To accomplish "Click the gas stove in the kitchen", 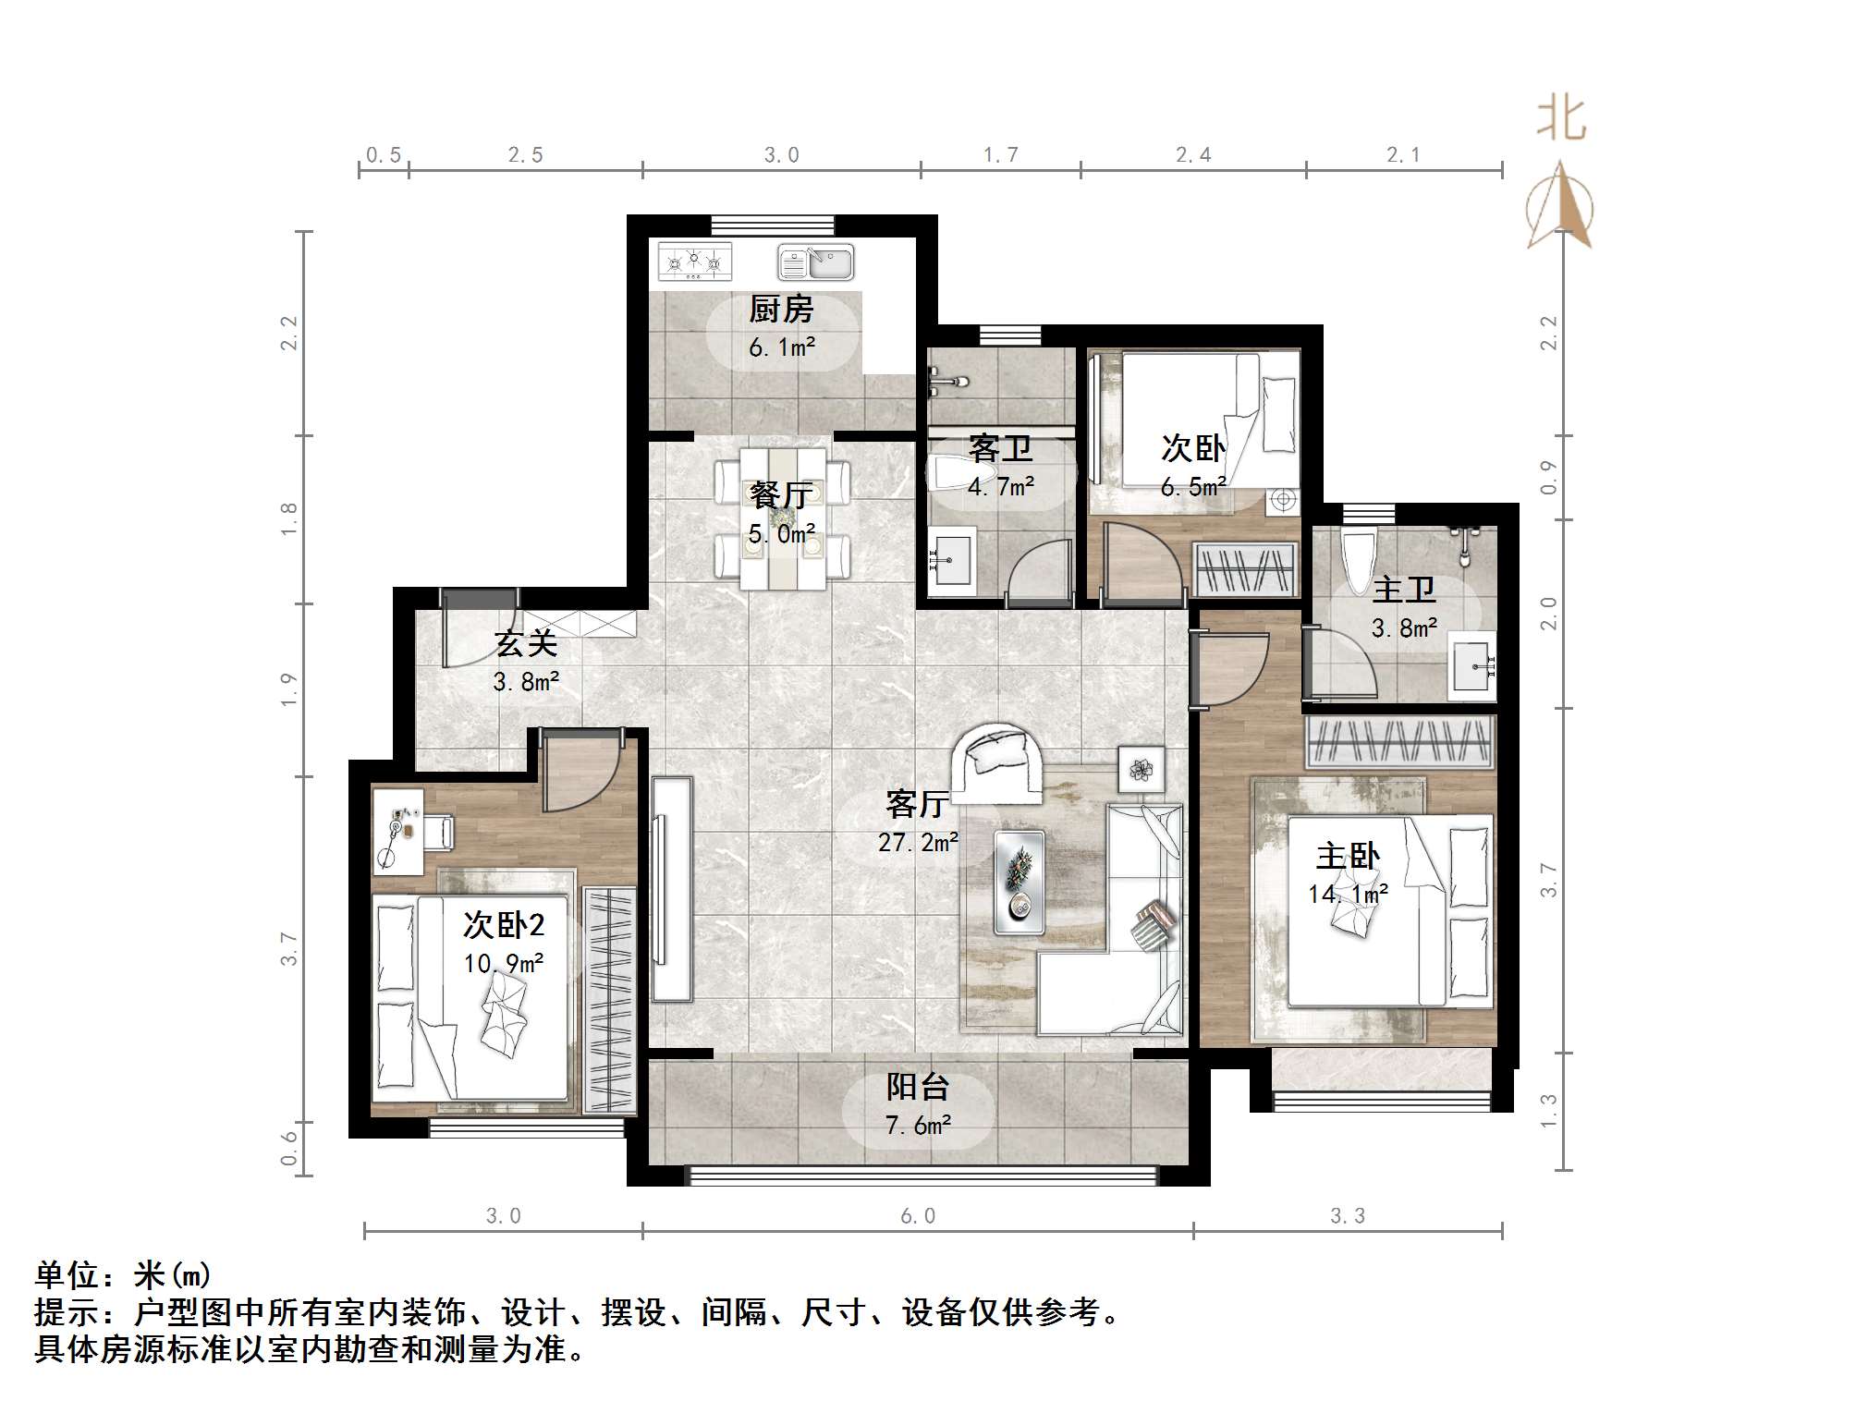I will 694,262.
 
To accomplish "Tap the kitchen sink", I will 815,262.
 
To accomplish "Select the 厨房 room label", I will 781,309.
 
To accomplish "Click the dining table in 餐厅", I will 782,519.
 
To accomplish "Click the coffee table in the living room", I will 1019,882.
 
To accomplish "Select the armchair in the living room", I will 997,762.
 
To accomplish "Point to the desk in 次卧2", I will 398,830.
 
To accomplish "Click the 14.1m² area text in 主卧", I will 1348,894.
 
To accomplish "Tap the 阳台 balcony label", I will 917,1086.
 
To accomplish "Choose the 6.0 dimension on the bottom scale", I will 918,1215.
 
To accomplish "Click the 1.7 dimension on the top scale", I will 1000,155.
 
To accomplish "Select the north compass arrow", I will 1560,206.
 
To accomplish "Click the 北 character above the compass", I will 1561,119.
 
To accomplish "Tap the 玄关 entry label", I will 525,643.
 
